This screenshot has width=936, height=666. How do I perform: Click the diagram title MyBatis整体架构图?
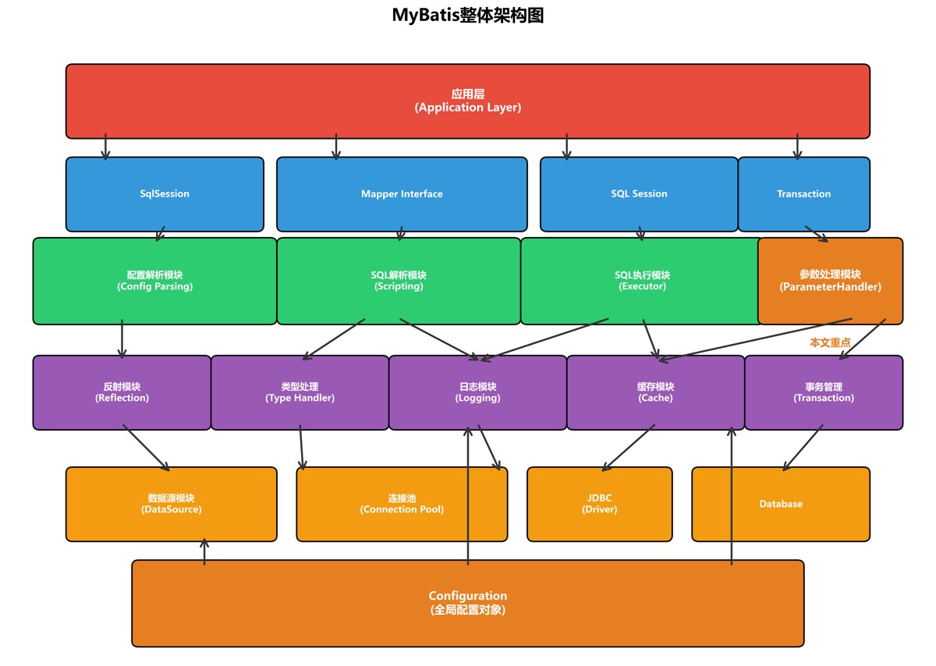(x=468, y=16)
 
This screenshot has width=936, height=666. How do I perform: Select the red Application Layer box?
(x=468, y=101)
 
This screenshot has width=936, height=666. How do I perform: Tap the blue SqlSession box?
(x=165, y=194)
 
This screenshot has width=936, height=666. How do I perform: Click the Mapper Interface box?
(x=402, y=194)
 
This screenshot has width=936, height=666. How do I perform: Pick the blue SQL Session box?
(x=639, y=194)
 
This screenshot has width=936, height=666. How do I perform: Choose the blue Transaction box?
(x=803, y=194)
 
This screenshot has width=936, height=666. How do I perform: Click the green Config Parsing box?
(x=154, y=281)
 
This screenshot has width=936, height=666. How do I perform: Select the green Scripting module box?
(x=399, y=281)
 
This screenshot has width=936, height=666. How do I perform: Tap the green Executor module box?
(x=642, y=281)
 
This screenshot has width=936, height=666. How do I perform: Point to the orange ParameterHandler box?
(x=830, y=281)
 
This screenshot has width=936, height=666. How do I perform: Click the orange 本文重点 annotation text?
(x=830, y=342)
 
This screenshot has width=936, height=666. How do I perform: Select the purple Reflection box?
(x=122, y=392)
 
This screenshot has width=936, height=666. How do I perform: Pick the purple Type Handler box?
(x=300, y=392)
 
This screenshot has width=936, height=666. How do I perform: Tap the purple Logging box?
(x=477, y=392)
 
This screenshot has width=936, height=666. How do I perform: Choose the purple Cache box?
(x=655, y=392)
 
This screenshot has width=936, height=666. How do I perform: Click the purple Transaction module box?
(x=824, y=392)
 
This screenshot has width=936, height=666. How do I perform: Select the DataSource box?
(x=171, y=504)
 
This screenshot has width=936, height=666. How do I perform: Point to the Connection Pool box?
(x=402, y=504)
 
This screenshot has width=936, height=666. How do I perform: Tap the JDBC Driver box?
(x=599, y=504)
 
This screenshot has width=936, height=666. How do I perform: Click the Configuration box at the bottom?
(x=468, y=603)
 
